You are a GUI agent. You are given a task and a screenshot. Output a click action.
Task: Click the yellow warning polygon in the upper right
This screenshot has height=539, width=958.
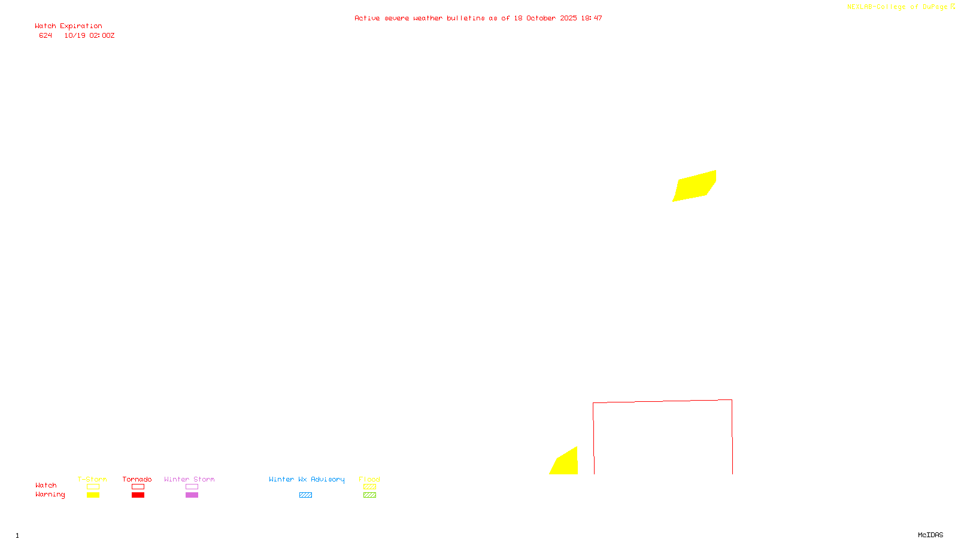695,186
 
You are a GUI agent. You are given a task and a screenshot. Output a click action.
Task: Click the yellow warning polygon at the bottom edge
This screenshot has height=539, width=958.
566,464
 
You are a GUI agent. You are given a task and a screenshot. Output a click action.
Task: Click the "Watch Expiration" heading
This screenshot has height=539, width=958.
68,26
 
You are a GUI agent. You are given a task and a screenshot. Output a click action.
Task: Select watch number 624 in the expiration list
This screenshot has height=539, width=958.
46,36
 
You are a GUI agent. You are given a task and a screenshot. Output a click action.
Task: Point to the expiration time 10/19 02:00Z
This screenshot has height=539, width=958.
89,36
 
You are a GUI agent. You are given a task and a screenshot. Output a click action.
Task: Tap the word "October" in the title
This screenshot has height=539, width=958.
541,19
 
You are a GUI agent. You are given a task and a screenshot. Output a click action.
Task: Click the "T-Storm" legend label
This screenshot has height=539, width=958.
92,479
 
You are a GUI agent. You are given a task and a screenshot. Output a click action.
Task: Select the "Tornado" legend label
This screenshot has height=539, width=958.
137,479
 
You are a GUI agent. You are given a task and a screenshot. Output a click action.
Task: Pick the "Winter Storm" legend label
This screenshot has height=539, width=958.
189,479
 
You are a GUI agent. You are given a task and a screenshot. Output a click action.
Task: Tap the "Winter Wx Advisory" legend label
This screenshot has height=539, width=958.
307,479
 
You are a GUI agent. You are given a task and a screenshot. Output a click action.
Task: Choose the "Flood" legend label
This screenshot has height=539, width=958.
369,479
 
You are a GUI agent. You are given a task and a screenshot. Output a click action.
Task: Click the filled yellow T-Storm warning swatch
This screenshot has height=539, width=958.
93,495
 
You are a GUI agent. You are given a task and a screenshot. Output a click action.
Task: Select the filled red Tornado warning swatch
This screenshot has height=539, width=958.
138,495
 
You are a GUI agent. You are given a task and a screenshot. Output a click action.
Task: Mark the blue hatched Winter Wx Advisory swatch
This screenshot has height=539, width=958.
305,495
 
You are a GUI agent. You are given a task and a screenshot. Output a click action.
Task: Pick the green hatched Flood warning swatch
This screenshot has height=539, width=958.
369,495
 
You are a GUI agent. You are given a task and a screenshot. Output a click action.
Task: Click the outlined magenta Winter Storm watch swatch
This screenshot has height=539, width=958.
192,487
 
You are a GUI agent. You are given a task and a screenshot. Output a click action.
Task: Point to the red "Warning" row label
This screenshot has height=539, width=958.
50,495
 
